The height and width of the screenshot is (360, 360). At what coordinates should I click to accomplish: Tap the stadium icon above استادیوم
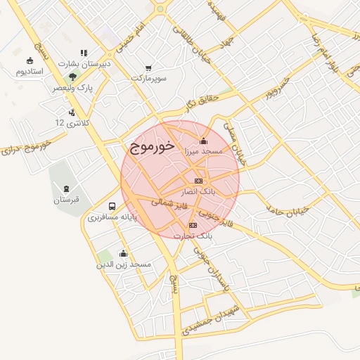[x=30, y=61]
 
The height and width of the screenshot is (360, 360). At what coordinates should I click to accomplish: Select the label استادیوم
[x=30, y=72]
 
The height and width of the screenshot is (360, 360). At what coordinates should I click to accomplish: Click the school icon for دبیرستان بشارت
[x=84, y=53]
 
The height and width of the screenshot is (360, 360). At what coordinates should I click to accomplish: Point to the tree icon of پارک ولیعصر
[x=72, y=77]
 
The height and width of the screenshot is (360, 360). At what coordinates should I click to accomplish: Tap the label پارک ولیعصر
[x=73, y=89]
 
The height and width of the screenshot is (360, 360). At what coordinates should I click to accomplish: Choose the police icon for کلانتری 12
[x=72, y=112]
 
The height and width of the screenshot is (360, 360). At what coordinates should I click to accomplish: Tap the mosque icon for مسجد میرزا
[x=204, y=141]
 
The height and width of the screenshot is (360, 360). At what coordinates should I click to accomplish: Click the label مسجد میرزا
[x=203, y=151]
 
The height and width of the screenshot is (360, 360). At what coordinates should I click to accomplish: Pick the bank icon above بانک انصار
[x=199, y=181]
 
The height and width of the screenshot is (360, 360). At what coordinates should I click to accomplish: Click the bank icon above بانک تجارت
[x=194, y=226]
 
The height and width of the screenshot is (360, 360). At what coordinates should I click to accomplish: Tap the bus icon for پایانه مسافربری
[x=112, y=207]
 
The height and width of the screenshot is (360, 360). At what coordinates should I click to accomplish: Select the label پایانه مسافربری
[x=111, y=217]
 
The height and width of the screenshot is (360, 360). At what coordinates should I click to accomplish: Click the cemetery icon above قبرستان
[x=67, y=188]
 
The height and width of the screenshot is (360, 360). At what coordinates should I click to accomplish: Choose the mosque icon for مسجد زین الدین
[x=124, y=254]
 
